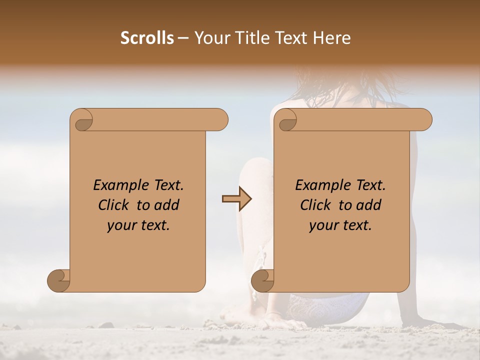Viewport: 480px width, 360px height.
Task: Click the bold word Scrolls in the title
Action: click(147, 37)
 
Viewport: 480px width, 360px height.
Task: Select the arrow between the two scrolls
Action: click(236, 199)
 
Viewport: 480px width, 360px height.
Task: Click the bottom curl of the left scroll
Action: click(59, 280)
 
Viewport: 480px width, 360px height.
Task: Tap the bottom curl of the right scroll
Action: click(263, 280)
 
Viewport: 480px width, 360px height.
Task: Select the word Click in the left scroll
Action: click(115, 205)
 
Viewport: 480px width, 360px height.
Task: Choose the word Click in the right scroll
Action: click(317, 205)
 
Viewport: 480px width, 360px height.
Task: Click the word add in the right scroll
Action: click(369, 205)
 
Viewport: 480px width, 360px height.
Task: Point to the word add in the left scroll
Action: click(167, 205)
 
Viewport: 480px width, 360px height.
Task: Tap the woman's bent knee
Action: click(255, 167)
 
